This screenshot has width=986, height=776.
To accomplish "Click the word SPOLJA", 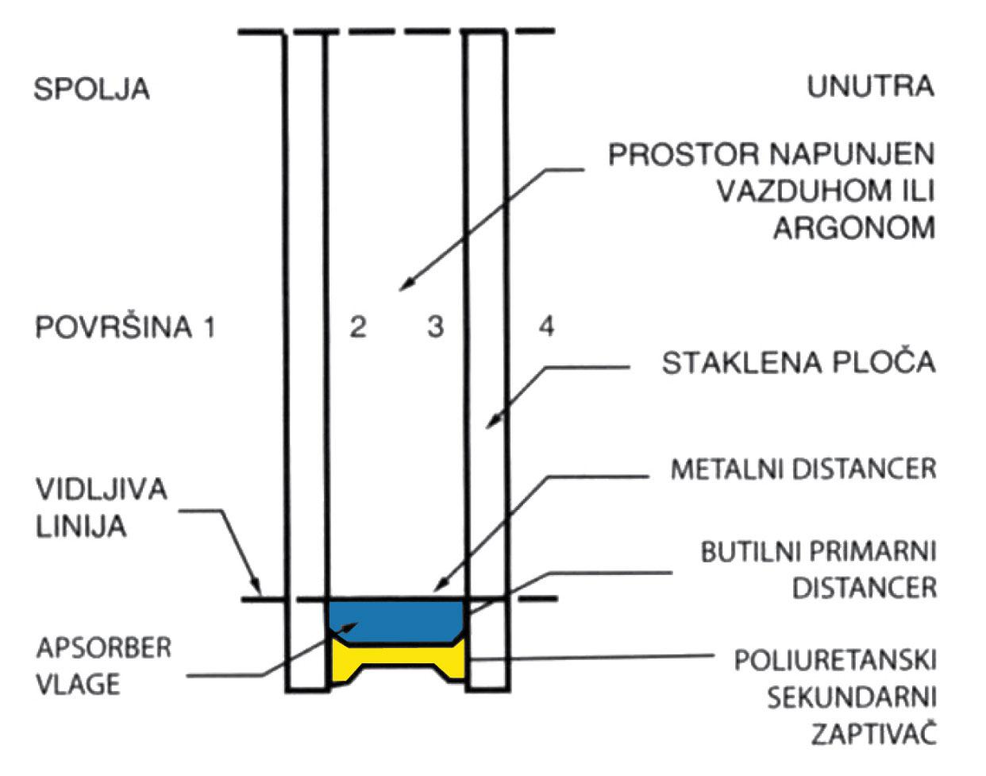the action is pos(91,89).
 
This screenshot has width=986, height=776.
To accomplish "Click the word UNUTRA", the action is pos(871,87).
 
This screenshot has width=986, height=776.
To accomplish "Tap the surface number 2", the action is pos(358,326).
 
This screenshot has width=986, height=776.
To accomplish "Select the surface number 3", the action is pos(435,326).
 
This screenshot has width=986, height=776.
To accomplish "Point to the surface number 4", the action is pos(547,326).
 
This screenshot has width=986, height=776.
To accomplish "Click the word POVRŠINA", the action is pos(114,327).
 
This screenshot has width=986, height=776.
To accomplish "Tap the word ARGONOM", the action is pos(854,228).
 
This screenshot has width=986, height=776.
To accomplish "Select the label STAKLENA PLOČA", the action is pos(798,362).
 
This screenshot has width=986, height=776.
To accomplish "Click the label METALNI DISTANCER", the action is pos(803,469).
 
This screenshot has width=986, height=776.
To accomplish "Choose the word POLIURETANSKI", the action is pos(835,661).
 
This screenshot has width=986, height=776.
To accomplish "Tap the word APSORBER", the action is pos(103,647).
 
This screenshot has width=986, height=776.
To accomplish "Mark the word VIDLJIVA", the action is pos(102,489).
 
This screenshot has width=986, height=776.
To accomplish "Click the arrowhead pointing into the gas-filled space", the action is pos(406,284).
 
